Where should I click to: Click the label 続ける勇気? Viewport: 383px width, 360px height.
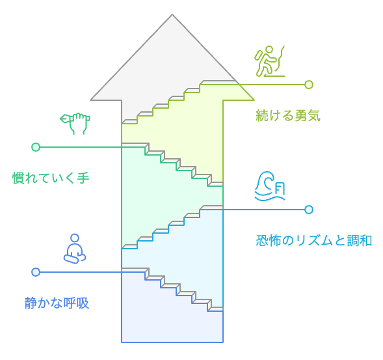pos(288,116)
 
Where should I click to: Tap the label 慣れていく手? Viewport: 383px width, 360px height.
pos(51,177)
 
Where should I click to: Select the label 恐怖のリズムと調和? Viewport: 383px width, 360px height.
pos(314,240)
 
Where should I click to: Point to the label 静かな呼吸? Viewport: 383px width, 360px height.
pos(57,303)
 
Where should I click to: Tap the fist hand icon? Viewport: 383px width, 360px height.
pos(75,122)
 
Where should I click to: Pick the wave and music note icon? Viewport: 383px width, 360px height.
pos(269,186)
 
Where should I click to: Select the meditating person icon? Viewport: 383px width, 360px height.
pos(75,248)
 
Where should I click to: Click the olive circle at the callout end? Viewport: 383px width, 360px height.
pos(309,85)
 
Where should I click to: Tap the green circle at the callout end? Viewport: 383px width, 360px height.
pos(36,147)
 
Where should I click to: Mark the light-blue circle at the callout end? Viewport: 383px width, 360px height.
pos(309,210)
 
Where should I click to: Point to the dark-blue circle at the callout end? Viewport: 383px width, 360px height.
pos(36,272)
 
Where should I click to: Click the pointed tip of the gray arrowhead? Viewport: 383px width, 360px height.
pos(172,16)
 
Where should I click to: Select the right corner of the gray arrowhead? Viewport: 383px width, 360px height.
pos(253,100)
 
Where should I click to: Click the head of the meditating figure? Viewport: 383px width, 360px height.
pos(75,238)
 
